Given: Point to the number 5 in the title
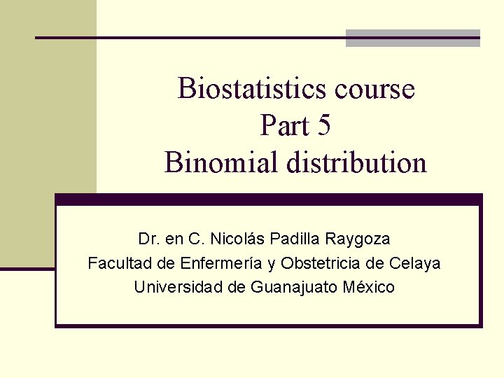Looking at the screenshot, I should tap(323, 126).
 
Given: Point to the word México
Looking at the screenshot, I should tap(367, 287).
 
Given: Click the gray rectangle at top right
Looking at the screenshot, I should tap(413, 38).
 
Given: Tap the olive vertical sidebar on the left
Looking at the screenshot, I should tap(48, 133).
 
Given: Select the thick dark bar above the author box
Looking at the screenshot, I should tap(269, 199).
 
